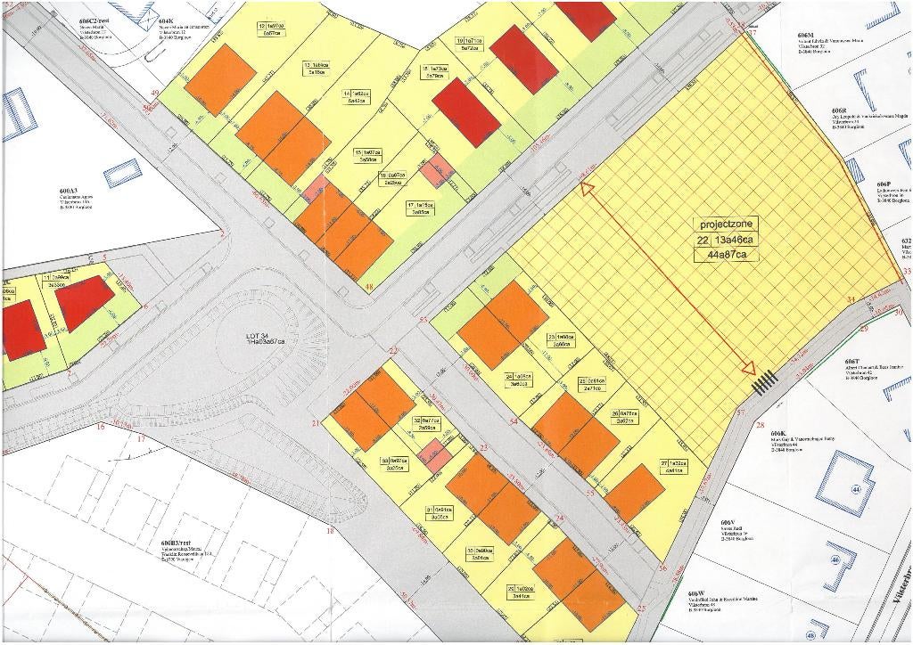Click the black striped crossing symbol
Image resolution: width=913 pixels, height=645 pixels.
tap(764, 382)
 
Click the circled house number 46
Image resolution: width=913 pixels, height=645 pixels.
tap(836, 559)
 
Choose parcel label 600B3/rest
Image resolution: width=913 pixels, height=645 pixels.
tap(177, 542)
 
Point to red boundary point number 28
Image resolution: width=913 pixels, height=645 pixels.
tap(761, 426)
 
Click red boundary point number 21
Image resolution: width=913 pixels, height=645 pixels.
tap(316, 424)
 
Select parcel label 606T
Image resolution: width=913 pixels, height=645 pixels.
tap(851, 362)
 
